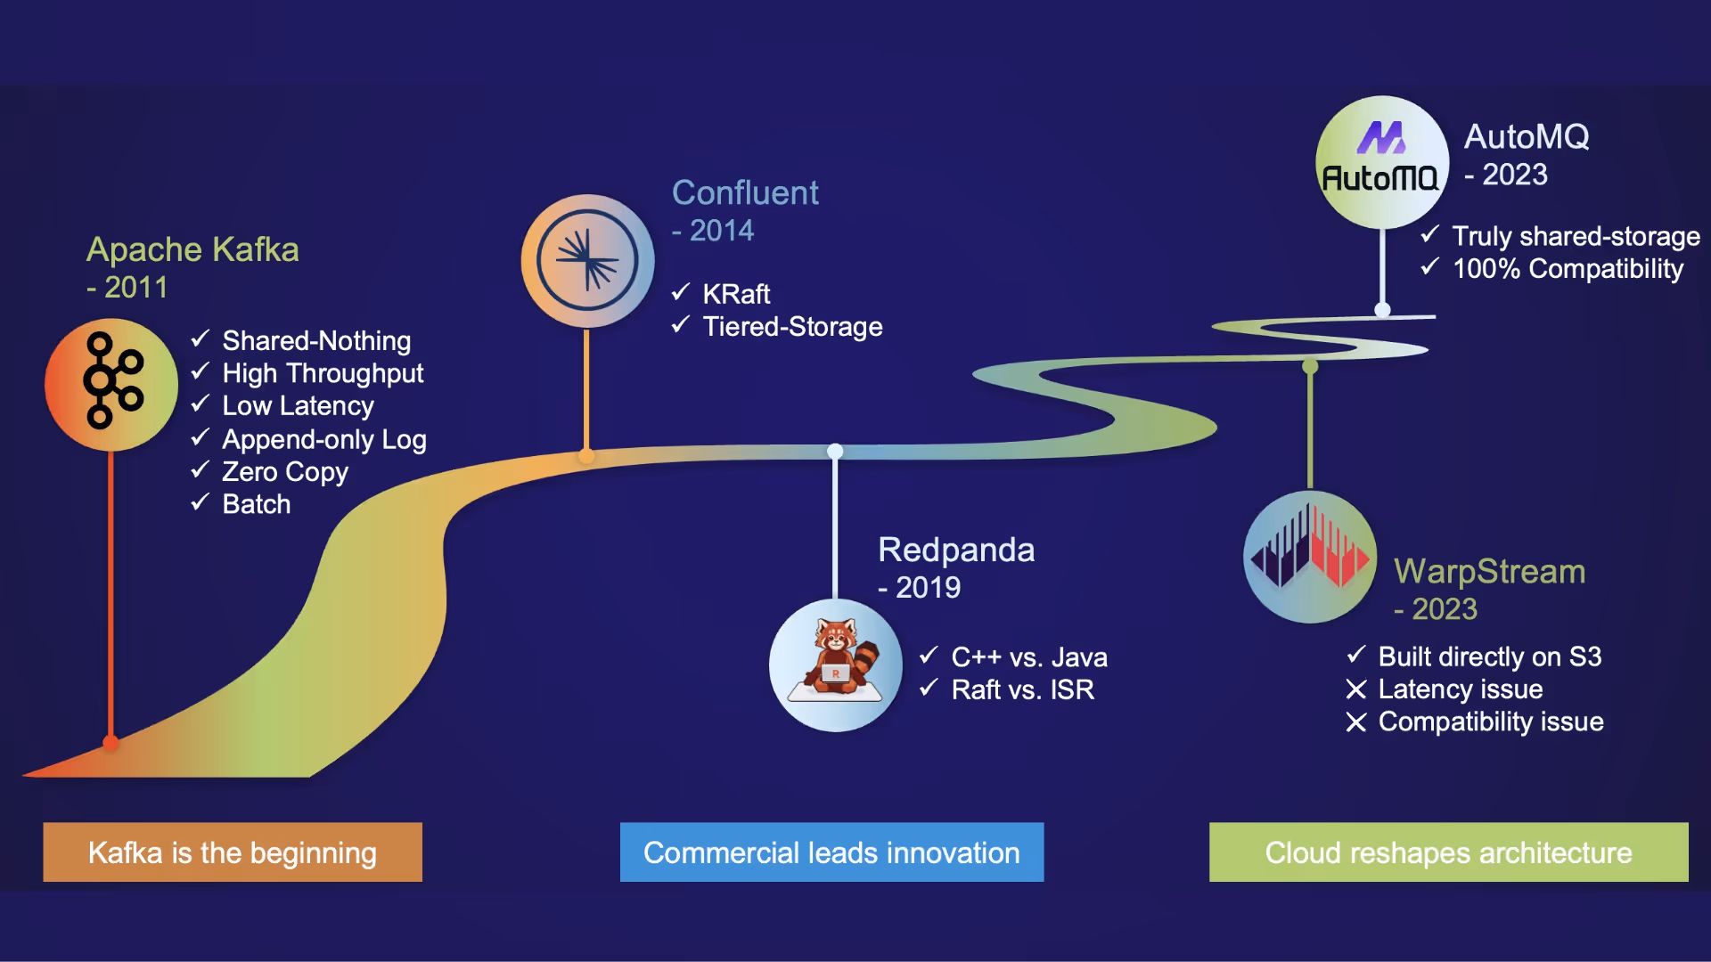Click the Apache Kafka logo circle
pyautogui.click(x=111, y=385)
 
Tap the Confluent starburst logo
pyautogui.click(x=587, y=260)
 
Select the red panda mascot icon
pyautogui.click(x=836, y=664)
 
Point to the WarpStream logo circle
pyautogui.click(x=1310, y=557)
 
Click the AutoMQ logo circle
pyautogui.click(x=1381, y=162)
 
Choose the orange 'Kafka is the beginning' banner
pyautogui.click(x=233, y=852)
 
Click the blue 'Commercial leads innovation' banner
pyautogui.click(x=831, y=852)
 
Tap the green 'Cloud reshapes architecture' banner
pyautogui.click(x=1448, y=852)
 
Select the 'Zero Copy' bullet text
pyautogui.click(x=285, y=472)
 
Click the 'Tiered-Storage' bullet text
pyautogui.click(x=792, y=327)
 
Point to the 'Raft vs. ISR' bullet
pyautogui.click(x=1022, y=689)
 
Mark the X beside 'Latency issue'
pyautogui.click(x=1356, y=689)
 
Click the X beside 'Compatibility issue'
pyautogui.click(x=1356, y=722)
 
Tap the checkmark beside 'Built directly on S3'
pyautogui.click(x=1356, y=656)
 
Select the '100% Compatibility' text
pyautogui.click(x=1568, y=269)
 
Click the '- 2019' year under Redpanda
pyautogui.click(x=920, y=588)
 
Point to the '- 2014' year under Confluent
pyautogui.click(x=713, y=231)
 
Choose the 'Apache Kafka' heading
pyautogui.click(x=192, y=249)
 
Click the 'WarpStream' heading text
pyautogui.click(x=1489, y=572)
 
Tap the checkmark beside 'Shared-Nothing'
pyautogui.click(x=201, y=338)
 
